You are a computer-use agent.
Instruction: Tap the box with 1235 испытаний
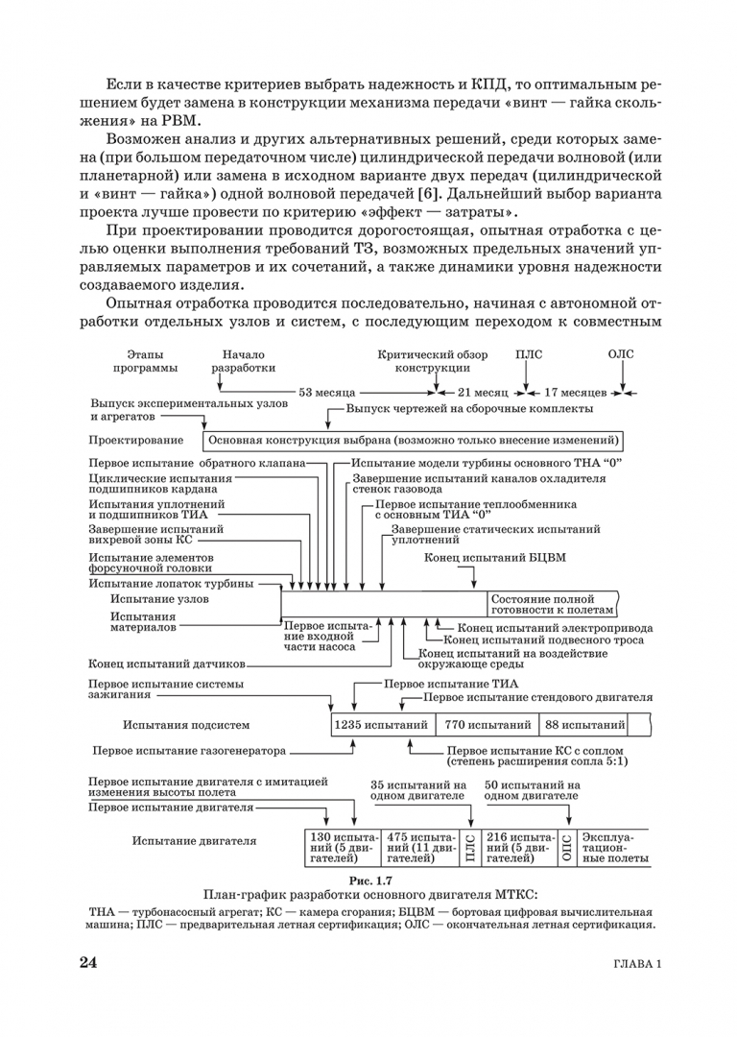pos(381,724)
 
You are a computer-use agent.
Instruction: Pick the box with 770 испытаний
pos(487,724)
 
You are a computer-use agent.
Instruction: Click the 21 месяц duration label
pos(482,393)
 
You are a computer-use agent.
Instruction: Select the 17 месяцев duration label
pos(575,393)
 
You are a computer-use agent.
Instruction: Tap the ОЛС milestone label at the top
pos(621,354)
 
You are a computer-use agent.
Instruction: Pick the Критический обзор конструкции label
pos(432,361)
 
